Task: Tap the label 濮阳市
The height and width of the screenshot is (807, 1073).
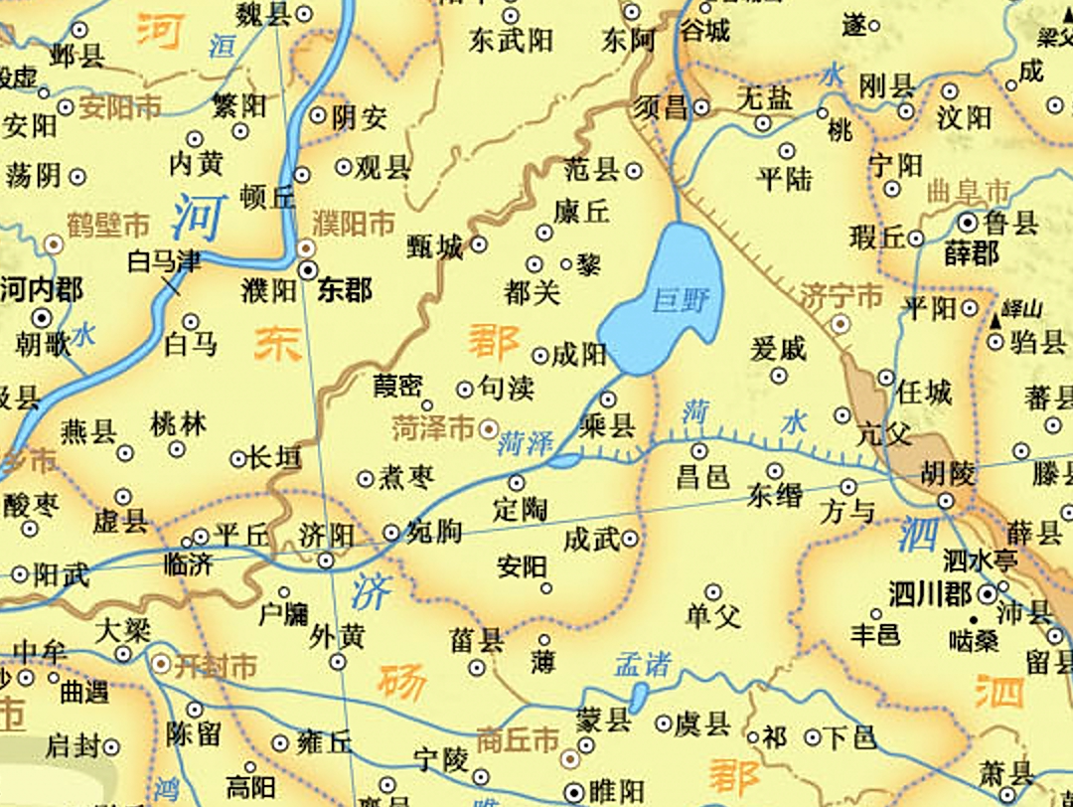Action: click(354, 223)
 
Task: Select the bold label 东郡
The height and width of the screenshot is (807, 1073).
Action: click(345, 289)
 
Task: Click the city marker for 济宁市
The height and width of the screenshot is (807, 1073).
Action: click(841, 323)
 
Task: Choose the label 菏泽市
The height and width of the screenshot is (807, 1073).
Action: click(432, 429)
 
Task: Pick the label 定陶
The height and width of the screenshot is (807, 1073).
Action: click(520, 509)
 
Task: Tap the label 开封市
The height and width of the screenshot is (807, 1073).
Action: click(215, 665)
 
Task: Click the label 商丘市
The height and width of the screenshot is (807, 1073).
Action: click(518, 740)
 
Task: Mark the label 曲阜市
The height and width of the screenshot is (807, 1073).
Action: click(968, 191)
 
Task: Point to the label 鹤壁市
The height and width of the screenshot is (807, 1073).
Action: click(108, 224)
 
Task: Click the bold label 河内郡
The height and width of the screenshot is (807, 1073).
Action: click(42, 290)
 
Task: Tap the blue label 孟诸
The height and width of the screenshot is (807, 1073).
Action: click(643, 664)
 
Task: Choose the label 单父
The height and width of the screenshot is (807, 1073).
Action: click(713, 616)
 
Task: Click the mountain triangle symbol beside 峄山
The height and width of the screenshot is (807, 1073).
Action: click(996, 320)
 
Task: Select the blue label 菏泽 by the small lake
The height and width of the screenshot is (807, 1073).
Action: click(525, 443)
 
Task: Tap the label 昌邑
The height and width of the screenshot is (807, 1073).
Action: click(703, 476)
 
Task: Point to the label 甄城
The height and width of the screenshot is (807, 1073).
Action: click(435, 246)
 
